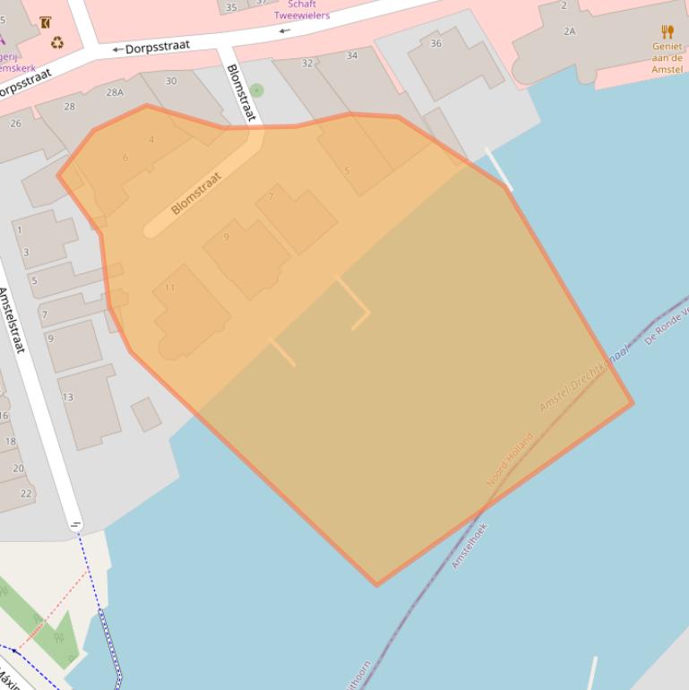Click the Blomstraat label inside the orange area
pos(195,194)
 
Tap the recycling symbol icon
pos(57,42)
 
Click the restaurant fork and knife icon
pos(667,32)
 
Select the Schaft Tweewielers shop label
pos(302,10)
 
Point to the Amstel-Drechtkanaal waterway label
pos(583,378)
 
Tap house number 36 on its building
pos(435,43)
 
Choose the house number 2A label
pos(570,31)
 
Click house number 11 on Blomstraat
pos(169,288)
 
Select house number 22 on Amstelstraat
pos(26,493)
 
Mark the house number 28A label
pos(115,92)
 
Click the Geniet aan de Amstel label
pos(667,57)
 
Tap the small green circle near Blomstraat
pos(257,90)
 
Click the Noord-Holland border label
pos(509,460)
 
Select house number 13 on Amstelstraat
pos(67,397)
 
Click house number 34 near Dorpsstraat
pos(351,56)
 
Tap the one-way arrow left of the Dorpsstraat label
pos(116,50)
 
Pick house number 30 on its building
pos(170,81)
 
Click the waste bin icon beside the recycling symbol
pos(45,22)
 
